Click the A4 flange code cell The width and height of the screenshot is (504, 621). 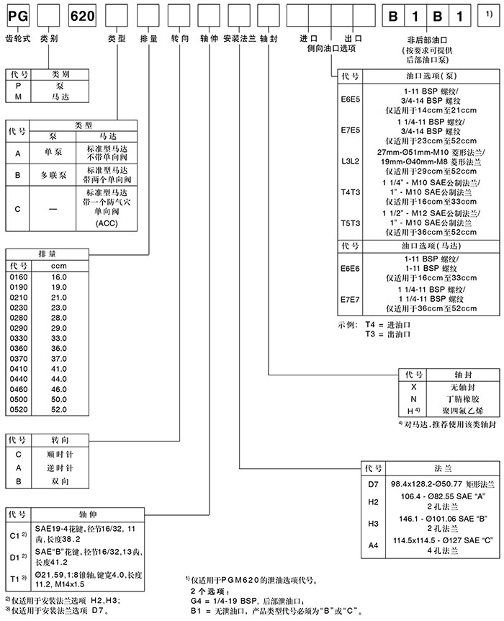(x=372, y=545)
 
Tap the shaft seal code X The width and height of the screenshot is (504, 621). (x=413, y=387)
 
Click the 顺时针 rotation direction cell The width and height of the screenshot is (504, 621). (x=59, y=455)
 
